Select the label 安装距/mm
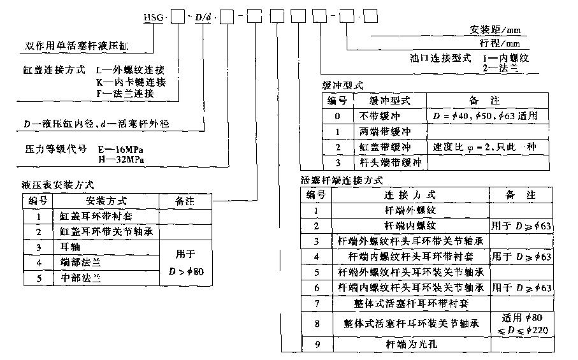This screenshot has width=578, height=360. (495, 30)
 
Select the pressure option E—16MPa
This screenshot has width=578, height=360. (122, 148)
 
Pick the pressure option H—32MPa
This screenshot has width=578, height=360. (122, 159)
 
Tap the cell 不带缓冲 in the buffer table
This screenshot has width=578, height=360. (389, 116)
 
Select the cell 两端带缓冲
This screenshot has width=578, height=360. (389, 131)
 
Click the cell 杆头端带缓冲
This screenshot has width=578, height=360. (389, 162)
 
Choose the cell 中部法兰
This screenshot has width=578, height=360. (76, 278)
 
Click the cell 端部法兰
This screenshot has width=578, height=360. (76, 262)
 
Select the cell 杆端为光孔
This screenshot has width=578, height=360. (410, 345)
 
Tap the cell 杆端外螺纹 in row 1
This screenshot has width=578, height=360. (410, 210)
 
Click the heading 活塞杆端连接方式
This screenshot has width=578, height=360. (341, 180)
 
